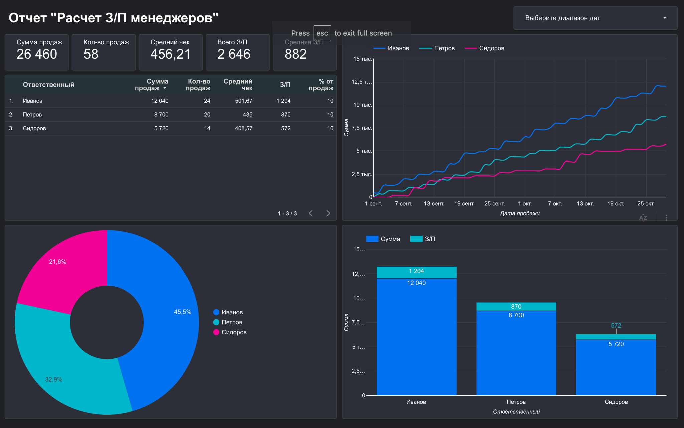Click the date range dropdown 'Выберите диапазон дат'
[x=595, y=18]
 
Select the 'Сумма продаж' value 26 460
[x=37, y=54]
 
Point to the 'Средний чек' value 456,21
[x=170, y=54]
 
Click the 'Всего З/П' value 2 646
[x=234, y=54]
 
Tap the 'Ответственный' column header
[x=49, y=85]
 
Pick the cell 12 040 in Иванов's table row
[x=160, y=101]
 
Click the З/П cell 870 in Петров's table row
[x=286, y=114]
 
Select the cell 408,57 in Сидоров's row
[x=244, y=128]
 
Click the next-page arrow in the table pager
[x=328, y=213]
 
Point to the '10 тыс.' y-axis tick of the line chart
[x=363, y=105]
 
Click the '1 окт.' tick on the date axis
[x=525, y=204]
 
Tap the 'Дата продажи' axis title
[x=520, y=213]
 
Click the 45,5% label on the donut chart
[x=183, y=312]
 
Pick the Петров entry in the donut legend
[x=228, y=322]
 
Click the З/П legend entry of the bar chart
[x=423, y=239]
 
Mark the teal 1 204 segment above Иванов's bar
[x=416, y=273]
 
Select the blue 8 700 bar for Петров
[x=516, y=353]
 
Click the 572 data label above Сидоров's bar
[x=616, y=326]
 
